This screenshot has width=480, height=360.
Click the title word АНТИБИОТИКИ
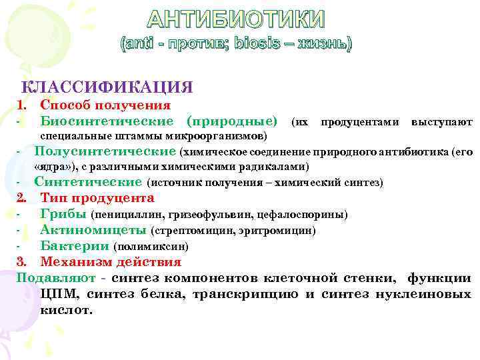(x=236, y=20)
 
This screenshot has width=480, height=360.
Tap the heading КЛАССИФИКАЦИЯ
(x=108, y=87)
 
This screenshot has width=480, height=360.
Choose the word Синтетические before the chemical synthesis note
(x=88, y=181)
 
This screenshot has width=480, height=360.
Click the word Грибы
(x=63, y=214)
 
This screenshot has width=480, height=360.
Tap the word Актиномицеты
(x=93, y=230)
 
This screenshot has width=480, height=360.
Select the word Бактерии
(x=75, y=246)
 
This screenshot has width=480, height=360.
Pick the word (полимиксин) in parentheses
(x=146, y=247)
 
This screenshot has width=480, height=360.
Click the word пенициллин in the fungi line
(x=122, y=215)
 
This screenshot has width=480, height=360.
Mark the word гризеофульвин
(x=195, y=215)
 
